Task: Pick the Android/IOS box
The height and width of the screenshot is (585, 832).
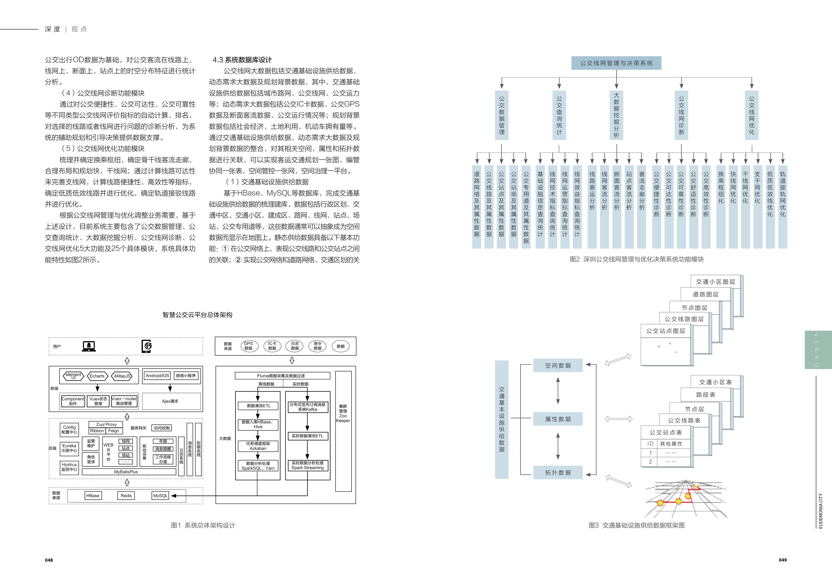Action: (157, 376)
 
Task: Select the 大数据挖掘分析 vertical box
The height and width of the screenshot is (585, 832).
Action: (616, 115)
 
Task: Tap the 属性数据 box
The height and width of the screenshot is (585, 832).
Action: (558, 419)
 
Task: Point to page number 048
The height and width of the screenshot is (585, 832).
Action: (49, 560)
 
